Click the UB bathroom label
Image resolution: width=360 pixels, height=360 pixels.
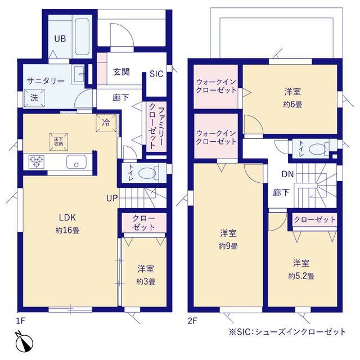point(60,39)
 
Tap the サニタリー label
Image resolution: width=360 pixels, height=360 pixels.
point(46,80)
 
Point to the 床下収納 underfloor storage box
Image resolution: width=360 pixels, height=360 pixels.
point(58,141)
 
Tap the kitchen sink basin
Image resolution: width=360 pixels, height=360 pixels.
point(75,162)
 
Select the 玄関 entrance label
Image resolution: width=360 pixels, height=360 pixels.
point(121,72)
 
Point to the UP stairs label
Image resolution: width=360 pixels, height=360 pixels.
point(111,198)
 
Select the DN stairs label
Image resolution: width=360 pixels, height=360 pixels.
point(287,174)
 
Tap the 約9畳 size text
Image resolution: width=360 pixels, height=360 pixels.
point(228,246)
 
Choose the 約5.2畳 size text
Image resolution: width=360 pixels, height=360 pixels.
point(301,276)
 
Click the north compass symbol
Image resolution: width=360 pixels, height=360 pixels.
point(25,342)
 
